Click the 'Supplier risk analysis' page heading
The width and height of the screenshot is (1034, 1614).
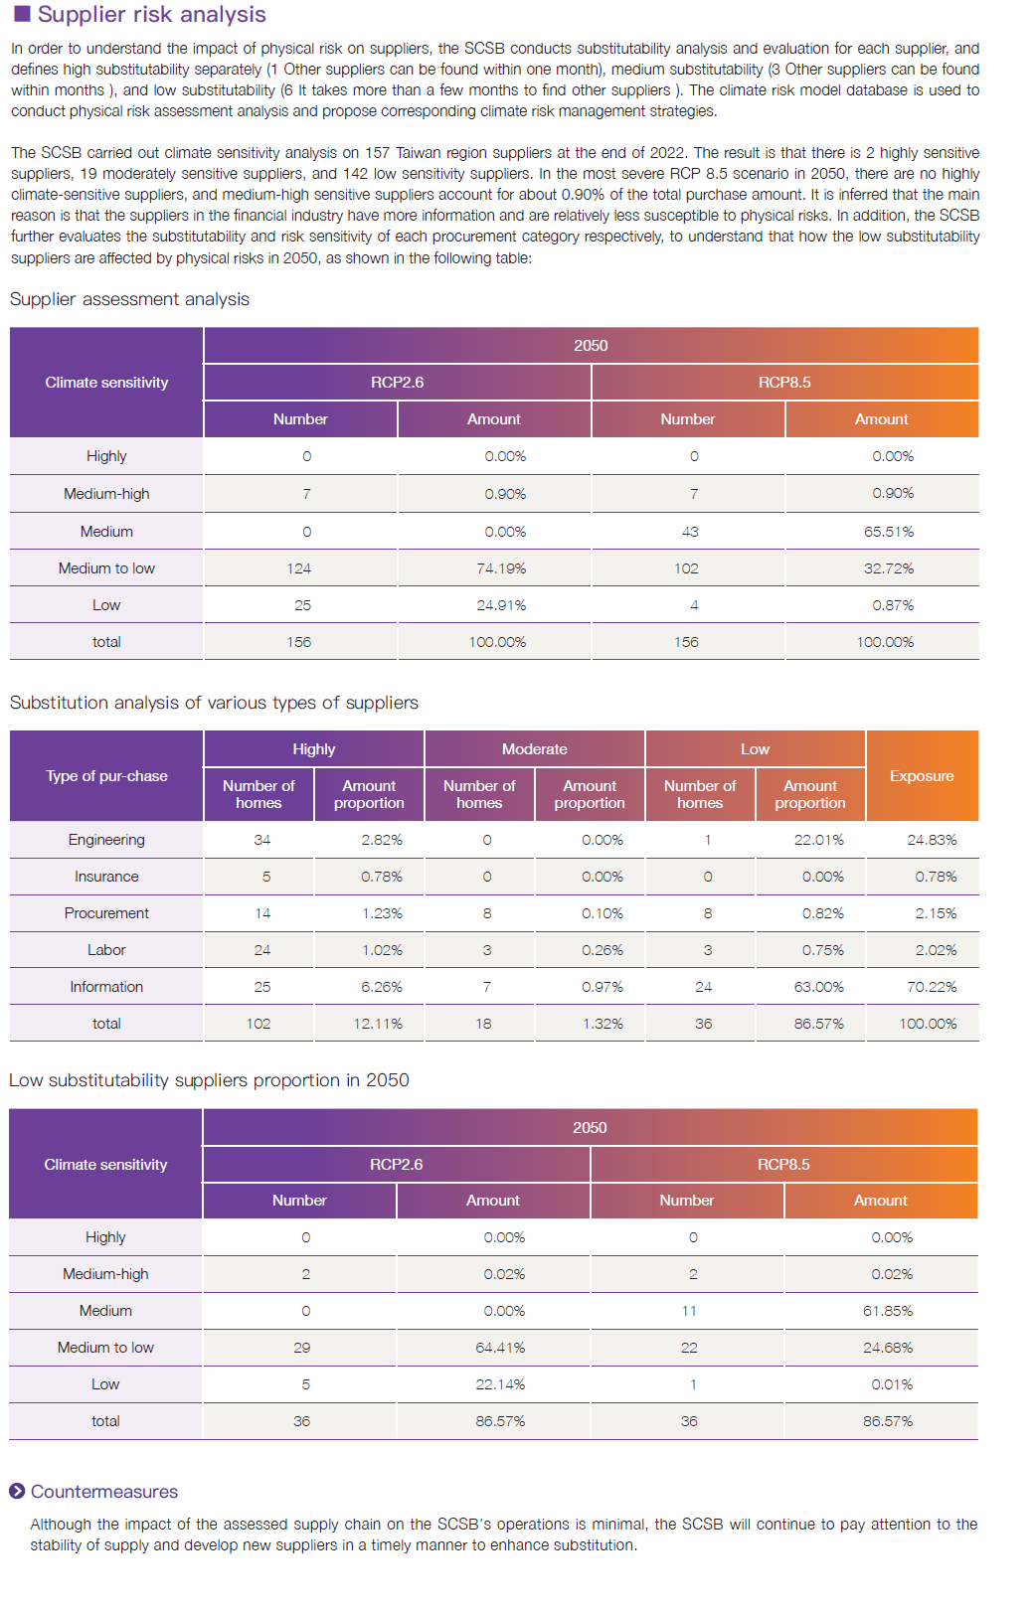[x=151, y=14]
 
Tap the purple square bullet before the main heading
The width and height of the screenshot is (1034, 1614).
[x=22, y=14]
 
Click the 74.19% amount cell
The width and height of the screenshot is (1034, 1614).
[x=501, y=568]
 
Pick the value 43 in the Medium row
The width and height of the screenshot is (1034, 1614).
[x=690, y=532]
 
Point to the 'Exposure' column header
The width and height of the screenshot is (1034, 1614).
[x=922, y=776]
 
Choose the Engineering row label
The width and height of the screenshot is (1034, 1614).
[x=106, y=840]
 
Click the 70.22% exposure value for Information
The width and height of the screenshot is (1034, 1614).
[x=932, y=987]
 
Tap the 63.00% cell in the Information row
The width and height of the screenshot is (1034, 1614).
[x=818, y=987]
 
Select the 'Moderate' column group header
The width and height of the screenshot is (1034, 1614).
[x=534, y=749]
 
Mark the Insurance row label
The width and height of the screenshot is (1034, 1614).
[x=106, y=877]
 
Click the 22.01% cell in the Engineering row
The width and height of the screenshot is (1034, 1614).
[x=818, y=840]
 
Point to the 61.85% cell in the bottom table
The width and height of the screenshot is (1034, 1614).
[x=888, y=1311]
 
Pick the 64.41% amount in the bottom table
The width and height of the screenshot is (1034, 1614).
[x=500, y=1348]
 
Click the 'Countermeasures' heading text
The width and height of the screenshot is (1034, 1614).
[x=104, y=1492]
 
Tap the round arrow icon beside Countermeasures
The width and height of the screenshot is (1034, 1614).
[x=17, y=1491]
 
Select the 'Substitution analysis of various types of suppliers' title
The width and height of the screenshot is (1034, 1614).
[x=214, y=703]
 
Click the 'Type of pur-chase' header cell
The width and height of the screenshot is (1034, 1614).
[x=106, y=776]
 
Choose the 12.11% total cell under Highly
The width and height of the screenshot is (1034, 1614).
[x=378, y=1024]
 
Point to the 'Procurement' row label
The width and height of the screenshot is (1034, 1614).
[x=106, y=913]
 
